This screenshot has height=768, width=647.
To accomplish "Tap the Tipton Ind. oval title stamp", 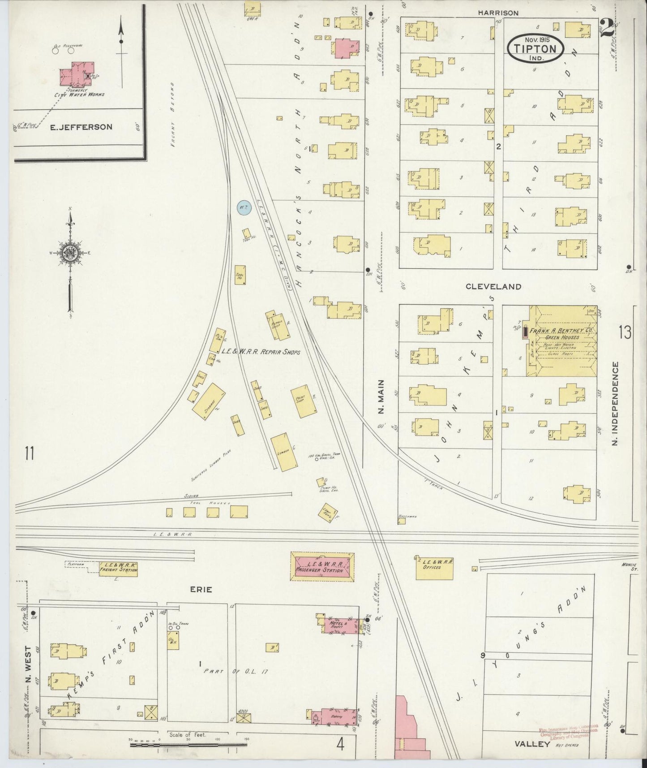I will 535,47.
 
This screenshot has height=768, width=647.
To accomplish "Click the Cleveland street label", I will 493,286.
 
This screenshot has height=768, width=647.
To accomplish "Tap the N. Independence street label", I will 615,403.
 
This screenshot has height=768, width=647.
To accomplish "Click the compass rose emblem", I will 70,253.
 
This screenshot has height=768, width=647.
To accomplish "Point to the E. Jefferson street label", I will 81,127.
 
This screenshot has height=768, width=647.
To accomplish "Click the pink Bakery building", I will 336,716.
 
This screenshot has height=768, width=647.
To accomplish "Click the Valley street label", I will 532,744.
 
